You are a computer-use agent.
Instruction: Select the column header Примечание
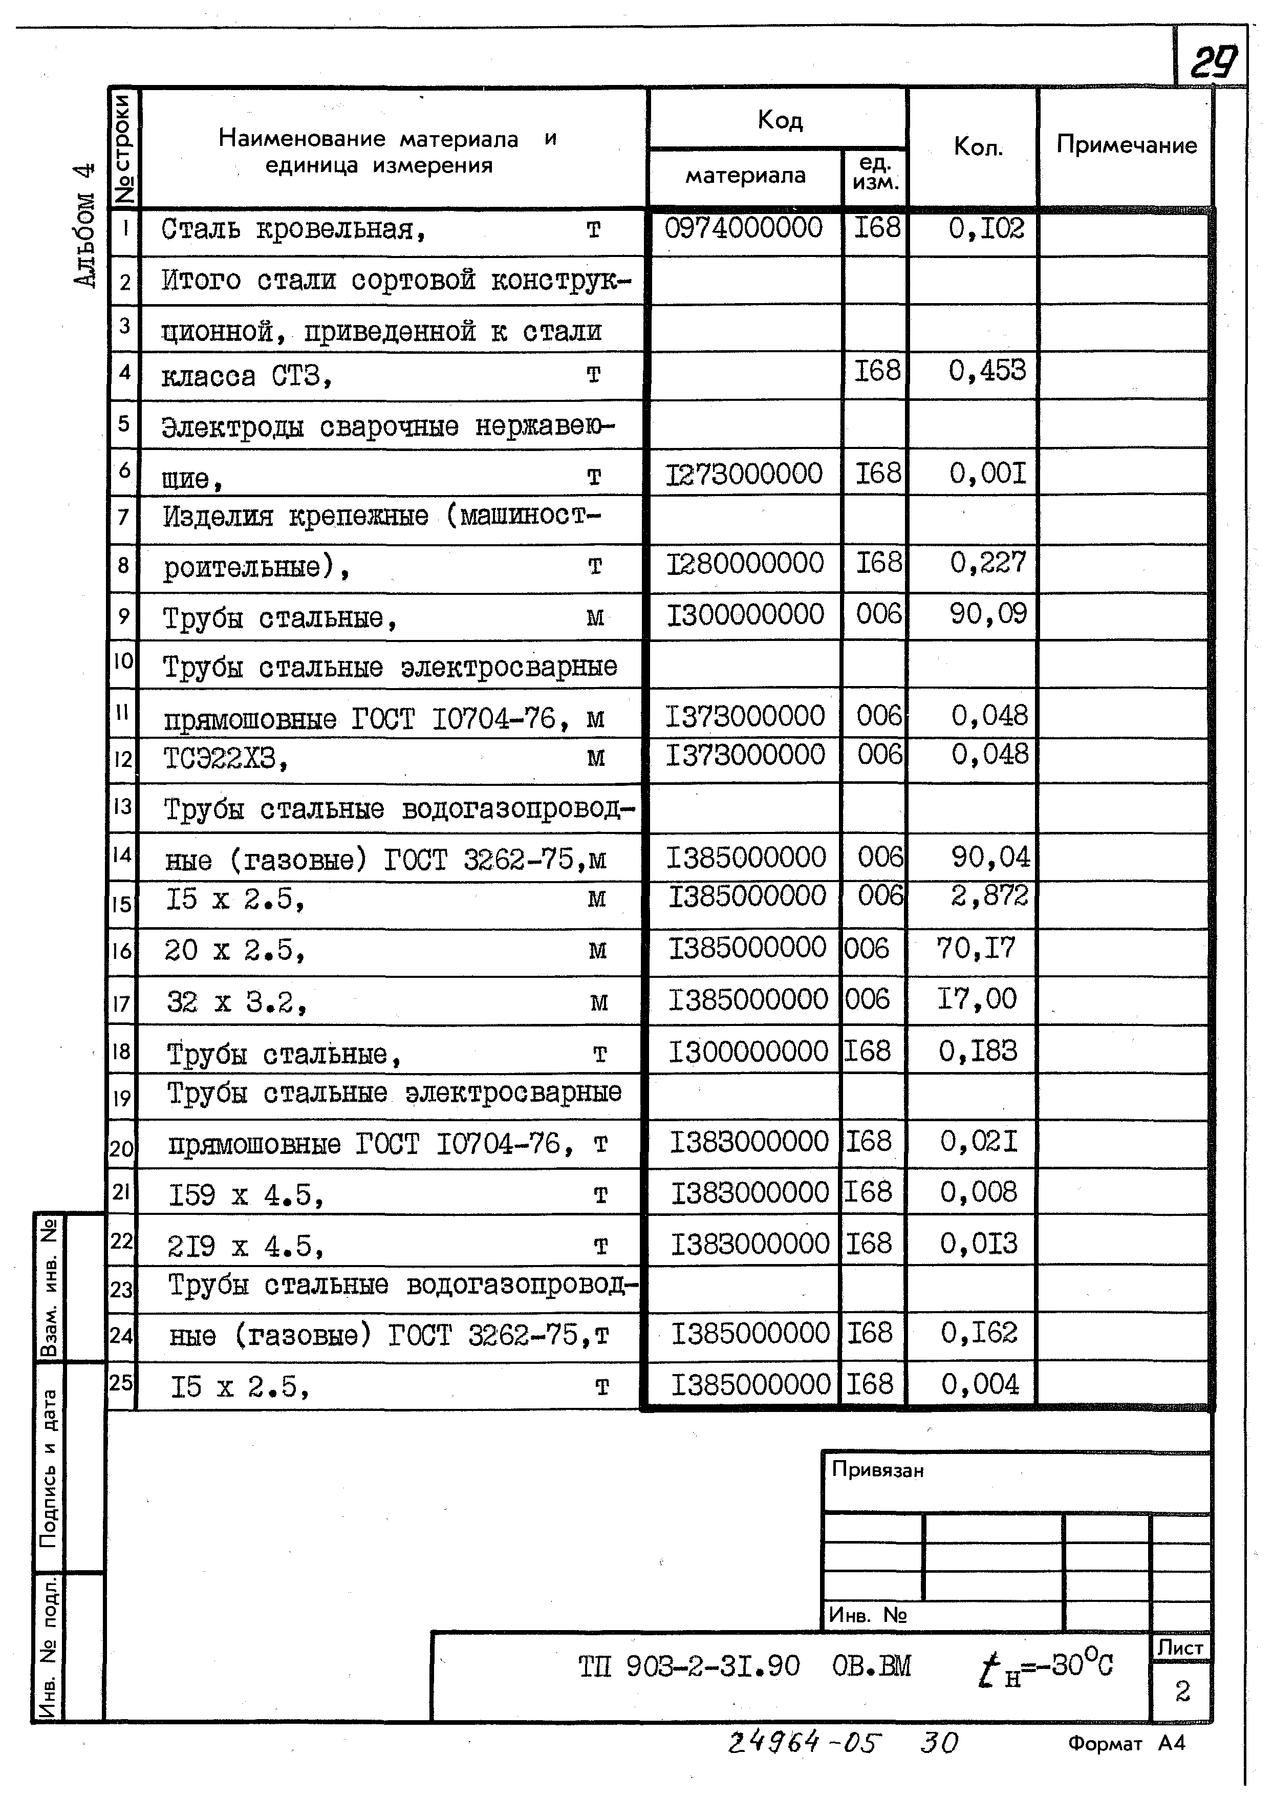[1127, 145]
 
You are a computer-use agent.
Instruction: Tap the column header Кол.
[978, 146]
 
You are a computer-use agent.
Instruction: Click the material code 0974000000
[743, 228]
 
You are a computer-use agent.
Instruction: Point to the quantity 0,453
[986, 371]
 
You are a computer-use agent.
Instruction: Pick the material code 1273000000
[744, 474]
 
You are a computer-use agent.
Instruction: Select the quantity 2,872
[989, 895]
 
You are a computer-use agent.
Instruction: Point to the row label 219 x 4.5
[245, 1246]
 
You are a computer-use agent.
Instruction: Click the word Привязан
[877, 1470]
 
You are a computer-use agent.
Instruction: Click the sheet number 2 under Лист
[1182, 1692]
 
